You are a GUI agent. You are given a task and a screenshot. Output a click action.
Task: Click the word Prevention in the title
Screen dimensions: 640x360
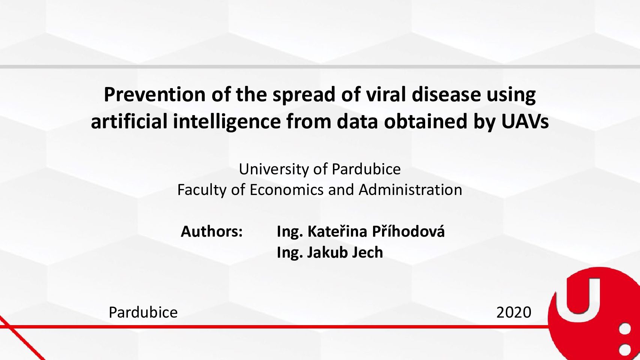(154, 94)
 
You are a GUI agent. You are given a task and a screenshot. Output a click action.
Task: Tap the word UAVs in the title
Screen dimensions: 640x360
(525, 121)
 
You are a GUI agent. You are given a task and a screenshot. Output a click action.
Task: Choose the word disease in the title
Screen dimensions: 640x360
(446, 94)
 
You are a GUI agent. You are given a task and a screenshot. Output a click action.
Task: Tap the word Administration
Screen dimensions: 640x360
(410, 190)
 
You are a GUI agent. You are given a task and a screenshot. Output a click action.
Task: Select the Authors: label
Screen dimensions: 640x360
(212, 231)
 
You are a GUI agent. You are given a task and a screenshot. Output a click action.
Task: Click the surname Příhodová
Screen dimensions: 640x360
(408, 231)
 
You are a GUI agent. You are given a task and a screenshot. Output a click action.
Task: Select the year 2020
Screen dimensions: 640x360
(514, 312)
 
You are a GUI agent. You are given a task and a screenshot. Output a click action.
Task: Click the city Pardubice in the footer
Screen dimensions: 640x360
(143, 312)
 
